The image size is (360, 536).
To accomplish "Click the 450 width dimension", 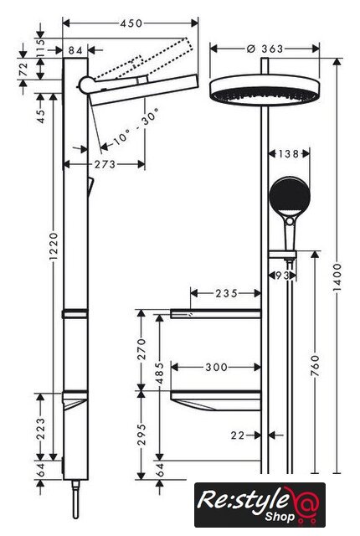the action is pyautogui.click(x=131, y=23).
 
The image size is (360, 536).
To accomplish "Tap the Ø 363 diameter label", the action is pyautogui.click(x=265, y=49).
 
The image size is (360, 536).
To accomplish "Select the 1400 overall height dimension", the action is pyautogui.click(x=337, y=277).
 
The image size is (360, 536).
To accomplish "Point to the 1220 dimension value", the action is pyautogui.click(x=54, y=245).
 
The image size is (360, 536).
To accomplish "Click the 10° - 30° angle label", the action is pyautogui.click(x=136, y=126).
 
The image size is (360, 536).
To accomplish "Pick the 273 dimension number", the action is pyautogui.click(x=105, y=164).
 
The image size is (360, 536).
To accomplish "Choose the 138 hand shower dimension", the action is pyautogui.click(x=288, y=154).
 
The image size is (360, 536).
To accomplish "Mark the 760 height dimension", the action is pyautogui.click(x=316, y=366).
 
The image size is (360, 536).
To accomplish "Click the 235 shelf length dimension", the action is pyautogui.click(x=226, y=293).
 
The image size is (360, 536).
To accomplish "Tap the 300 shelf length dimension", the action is pyautogui.click(x=216, y=367).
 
